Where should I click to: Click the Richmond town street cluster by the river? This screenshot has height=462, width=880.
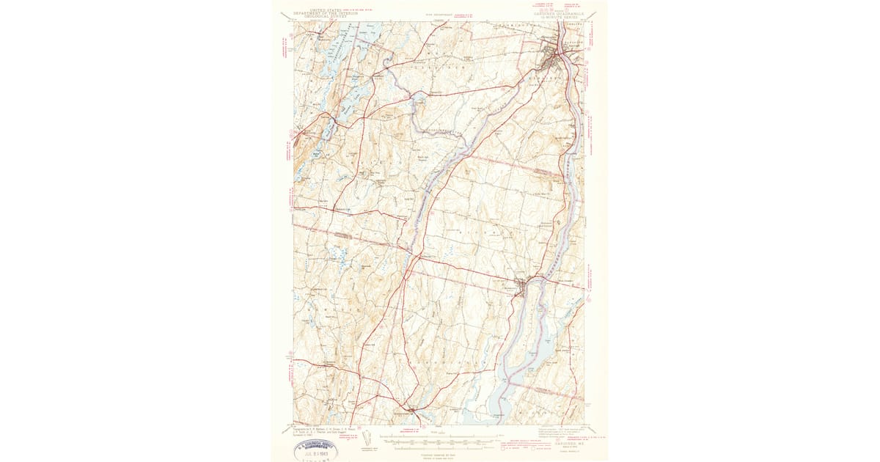521,284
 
